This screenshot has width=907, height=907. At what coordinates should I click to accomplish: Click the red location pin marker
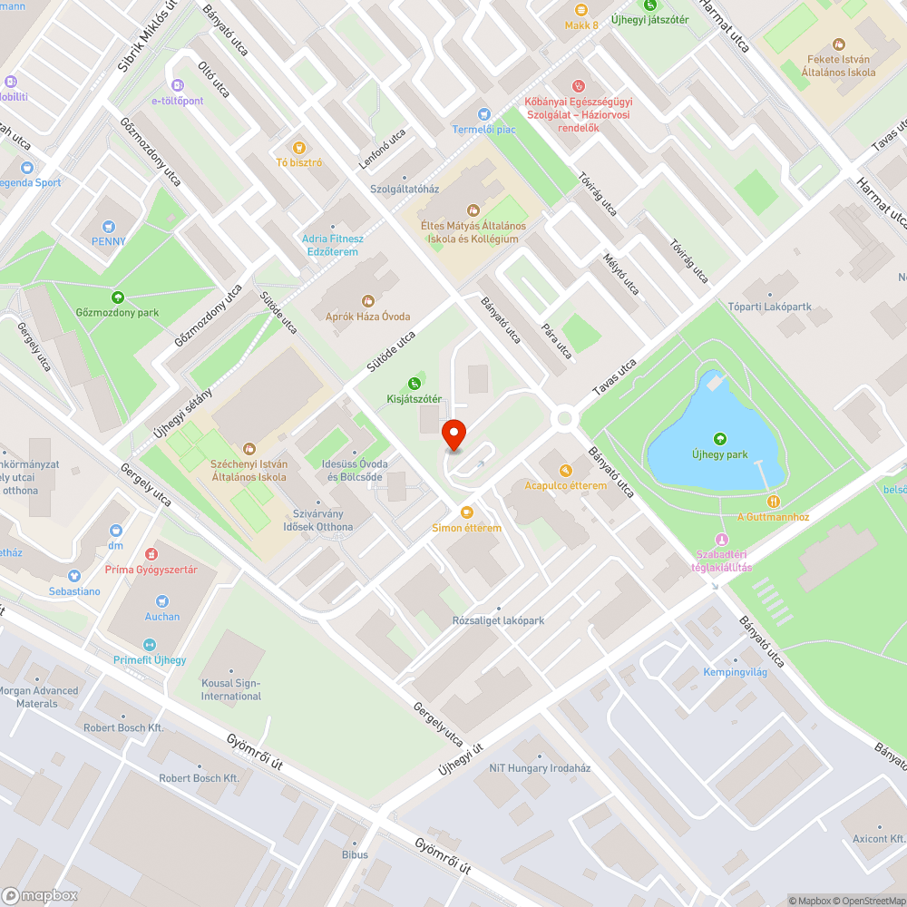click(x=453, y=434)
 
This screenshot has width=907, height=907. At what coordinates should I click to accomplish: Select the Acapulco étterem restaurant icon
click(x=566, y=470)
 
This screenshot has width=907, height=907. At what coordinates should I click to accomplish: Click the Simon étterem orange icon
click(x=466, y=512)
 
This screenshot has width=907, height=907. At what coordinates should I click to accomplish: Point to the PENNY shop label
click(x=108, y=241)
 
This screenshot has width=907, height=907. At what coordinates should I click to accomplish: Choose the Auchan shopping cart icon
click(x=162, y=600)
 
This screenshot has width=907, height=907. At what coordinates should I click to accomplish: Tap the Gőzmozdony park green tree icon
click(x=117, y=297)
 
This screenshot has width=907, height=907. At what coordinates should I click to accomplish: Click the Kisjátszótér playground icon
click(x=414, y=383)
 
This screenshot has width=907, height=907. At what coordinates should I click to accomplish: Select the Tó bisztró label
click(x=299, y=162)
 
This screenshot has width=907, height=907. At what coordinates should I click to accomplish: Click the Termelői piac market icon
click(x=483, y=113)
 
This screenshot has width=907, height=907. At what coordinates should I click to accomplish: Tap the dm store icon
click(x=116, y=530)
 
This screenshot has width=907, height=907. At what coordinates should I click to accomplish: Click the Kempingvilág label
click(x=736, y=672)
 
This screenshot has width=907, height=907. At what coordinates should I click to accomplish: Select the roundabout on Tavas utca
click(x=565, y=419)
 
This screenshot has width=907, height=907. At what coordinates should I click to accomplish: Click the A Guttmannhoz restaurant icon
click(x=773, y=501)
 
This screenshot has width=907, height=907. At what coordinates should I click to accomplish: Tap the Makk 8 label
click(x=581, y=25)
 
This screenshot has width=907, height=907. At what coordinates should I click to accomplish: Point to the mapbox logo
click(x=40, y=895)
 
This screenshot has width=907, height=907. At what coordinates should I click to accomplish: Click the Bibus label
click(x=355, y=854)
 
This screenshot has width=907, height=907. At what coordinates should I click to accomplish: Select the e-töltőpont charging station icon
click(x=178, y=84)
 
